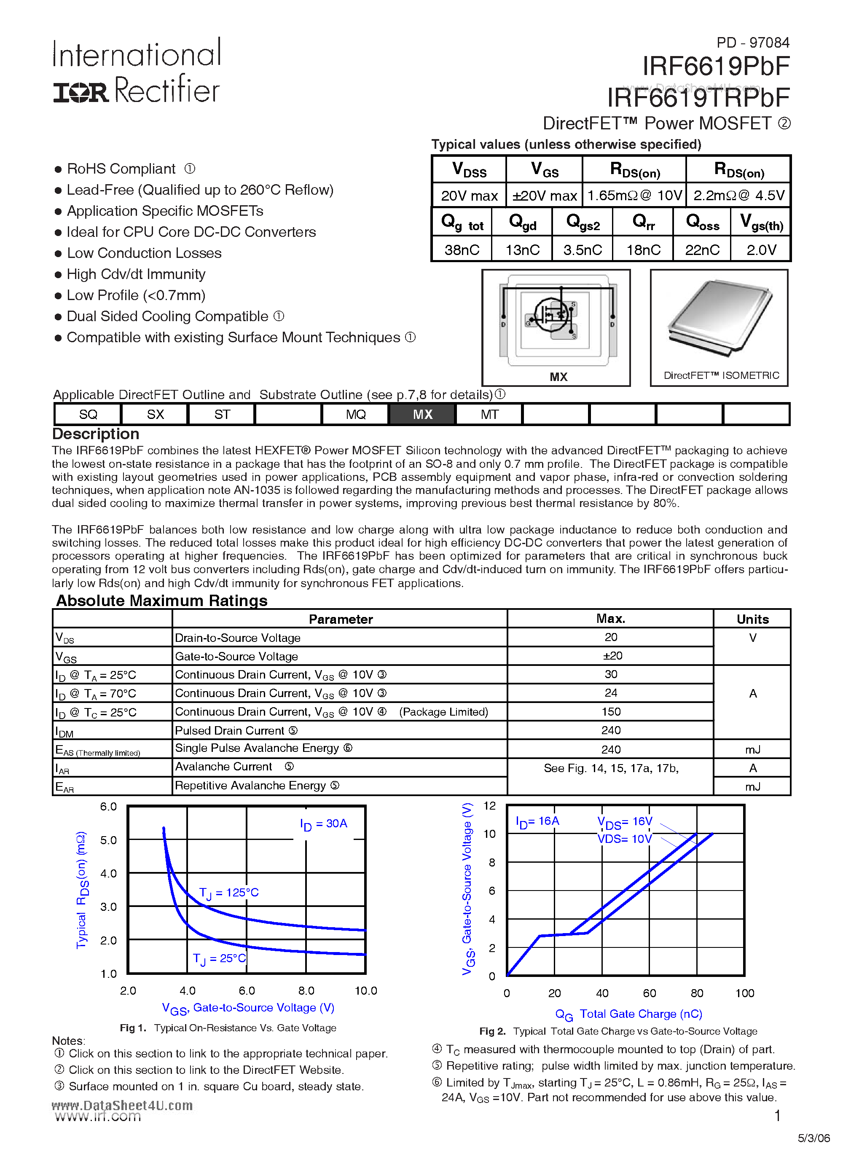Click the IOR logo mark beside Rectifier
click(81, 92)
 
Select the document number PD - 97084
click(752, 43)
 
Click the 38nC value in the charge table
click(462, 250)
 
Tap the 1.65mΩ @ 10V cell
click(634, 196)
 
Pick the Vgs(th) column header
click(761, 223)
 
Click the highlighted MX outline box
click(422, 414)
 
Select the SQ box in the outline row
click(88, 414)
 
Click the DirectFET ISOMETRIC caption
click(721, 376)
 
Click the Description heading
click(96, 434)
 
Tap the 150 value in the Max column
click(611, 712)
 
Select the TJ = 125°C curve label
click(228, 893)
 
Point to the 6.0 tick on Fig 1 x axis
click(247, 990)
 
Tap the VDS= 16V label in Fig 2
click(625, 822)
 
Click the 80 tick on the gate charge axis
click(696, 993)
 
